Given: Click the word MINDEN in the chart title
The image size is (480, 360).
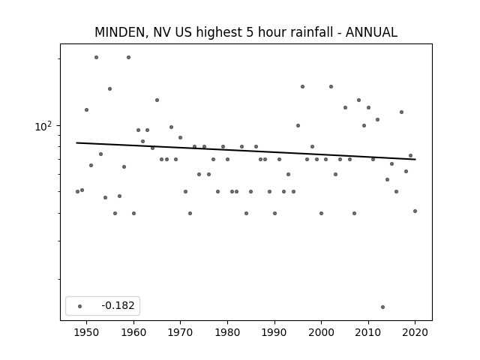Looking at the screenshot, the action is point(121,32).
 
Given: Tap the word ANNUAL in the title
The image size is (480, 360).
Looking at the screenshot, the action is point(371,32).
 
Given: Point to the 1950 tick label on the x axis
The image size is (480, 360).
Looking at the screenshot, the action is point(87,332).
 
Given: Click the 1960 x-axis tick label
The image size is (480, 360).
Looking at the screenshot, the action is point(133,332).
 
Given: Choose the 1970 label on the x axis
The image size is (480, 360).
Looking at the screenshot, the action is point(181,332).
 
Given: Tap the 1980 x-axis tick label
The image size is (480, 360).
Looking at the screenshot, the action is point(227,332).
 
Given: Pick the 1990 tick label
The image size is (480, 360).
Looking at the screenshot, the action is point(274,332).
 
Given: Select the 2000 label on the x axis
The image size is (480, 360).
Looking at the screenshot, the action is point(322,332).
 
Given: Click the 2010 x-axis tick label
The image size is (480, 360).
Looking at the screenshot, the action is point(368,332).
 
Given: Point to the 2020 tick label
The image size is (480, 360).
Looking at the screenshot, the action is point(415,332).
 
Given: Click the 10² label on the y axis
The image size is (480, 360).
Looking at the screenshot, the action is point(43,126).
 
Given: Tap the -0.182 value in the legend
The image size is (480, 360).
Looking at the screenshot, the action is point(118,305).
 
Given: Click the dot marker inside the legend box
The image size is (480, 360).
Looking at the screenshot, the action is point(80,306).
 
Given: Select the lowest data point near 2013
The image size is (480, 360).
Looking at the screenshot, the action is point(382,307).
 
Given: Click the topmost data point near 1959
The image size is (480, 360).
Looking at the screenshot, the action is point(128,57).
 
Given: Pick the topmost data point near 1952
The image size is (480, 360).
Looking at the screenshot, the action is point(96,57).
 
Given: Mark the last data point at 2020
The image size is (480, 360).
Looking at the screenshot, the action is point(415,211).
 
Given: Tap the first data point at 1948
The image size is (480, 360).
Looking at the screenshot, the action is point(77,192).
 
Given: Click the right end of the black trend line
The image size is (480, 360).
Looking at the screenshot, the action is point(415,160).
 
